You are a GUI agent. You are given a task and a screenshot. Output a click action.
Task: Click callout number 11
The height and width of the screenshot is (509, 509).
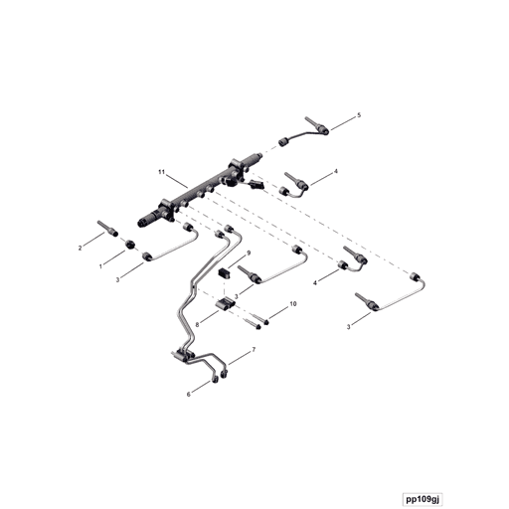pyautogui.click(x=161, y=172)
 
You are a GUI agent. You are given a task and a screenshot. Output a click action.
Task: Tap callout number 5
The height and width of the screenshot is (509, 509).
pyautogui.click(x=359, y=115)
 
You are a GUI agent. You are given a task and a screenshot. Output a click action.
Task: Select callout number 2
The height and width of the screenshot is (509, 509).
pyautogui.click(x=80, y=248)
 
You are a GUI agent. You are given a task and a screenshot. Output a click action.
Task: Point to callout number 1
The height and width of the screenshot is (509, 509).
pyautogui.click(x=101, y=266)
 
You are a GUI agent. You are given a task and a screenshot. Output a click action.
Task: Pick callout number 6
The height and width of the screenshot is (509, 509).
pyautogui.click(x=189, y=395)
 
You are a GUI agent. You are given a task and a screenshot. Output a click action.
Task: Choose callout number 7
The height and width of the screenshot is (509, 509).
pyautogui.click(x=254, y=350)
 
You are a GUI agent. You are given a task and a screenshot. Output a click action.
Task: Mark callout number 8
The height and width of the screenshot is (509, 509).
pyautogui.click(x=197, y=325)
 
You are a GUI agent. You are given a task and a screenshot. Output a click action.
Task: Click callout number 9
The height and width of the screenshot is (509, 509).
pyautogui.click(x=249, y=254)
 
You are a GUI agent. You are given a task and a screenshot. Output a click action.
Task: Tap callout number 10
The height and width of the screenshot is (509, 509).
pyautogui.click(x=293, y=304)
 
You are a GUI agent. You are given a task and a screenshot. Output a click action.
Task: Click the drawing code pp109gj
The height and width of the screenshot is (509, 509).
pyautogui.click(x=423, y=499)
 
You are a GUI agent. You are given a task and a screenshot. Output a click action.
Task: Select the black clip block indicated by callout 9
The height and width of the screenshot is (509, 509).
pyautogui.click(x=225, y=274)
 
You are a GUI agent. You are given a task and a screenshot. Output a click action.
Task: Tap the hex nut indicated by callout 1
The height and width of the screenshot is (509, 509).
pyautogui.click(x=130, y=245)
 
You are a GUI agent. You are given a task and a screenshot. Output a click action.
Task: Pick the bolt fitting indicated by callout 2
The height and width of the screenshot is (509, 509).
pyautogui.click(x=108, y=229)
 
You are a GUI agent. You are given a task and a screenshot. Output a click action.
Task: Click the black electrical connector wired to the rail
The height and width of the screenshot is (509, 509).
pyautogui.click(x=256, y=184)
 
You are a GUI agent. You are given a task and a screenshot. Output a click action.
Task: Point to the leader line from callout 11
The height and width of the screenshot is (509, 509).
pyautogui.click(x=177, y=181)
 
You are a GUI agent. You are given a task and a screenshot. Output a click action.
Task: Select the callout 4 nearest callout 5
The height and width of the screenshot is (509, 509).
pyautogui.click(x=336, y=171)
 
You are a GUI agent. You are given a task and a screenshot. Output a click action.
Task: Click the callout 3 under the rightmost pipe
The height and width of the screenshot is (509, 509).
pyautogui.click(x=348, y=327)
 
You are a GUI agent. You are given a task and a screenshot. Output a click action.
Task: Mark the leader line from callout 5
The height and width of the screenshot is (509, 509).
pyautogui.click(x=343, y=123)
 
